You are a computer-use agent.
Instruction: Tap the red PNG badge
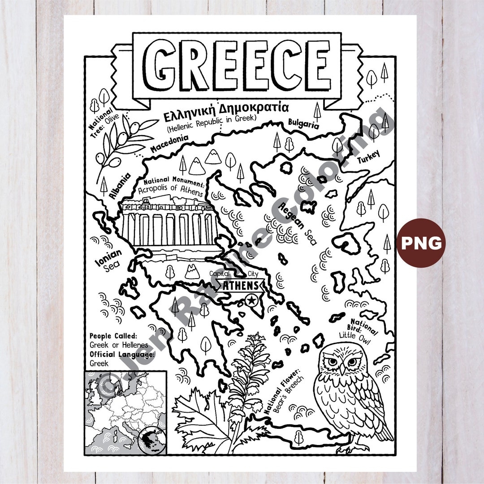pyautogui.click(x=421, y=243)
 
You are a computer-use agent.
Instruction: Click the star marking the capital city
pyautogui.click(x=251, y=300)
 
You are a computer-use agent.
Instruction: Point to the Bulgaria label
pyautogui.click(x=303, y=123)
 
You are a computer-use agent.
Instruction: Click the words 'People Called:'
pyautogui.click(x=113, y=336)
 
